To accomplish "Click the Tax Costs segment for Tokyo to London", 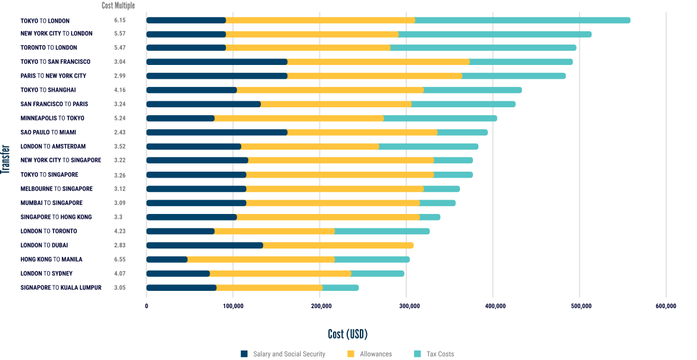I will pos(522,20).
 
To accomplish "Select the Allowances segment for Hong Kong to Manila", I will pos(261,259).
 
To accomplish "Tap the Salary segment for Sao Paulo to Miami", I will pos(217,132).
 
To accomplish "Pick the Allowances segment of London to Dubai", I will pos(338,245).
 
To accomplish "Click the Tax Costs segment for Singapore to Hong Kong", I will pos(430,217).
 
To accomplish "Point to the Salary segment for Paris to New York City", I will pos(217,76).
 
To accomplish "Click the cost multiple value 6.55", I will pos(120,259).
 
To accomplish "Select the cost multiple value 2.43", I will pos(120,132).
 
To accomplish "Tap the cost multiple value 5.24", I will pos(120,118).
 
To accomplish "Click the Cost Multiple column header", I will pos(118,6).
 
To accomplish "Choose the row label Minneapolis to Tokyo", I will pos(52,118).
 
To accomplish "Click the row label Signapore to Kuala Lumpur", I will pos(61,288).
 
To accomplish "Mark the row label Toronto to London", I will pos(49,48).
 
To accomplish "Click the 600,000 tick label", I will pos(665,306).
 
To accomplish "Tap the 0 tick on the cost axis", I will pos(147,306).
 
